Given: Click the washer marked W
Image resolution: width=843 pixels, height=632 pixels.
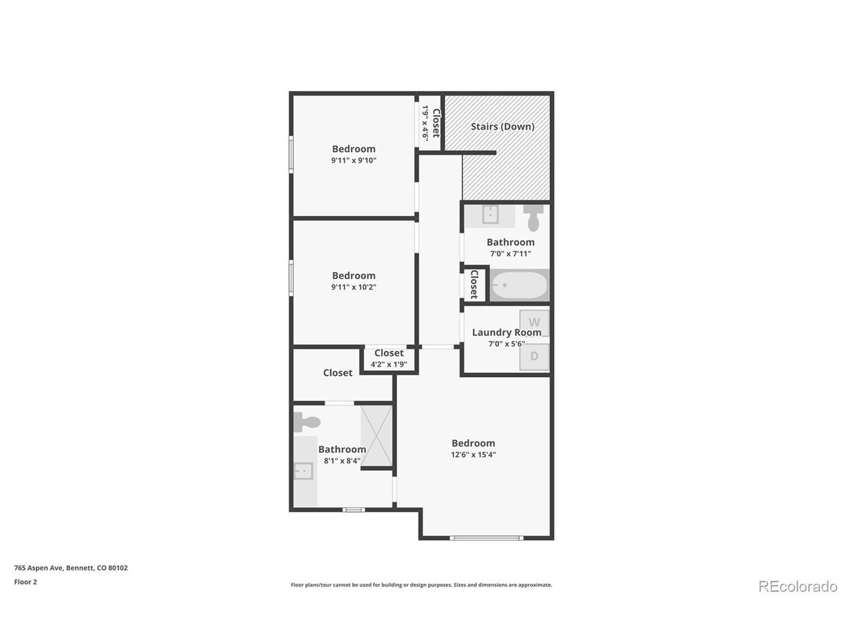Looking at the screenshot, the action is pos(534,323).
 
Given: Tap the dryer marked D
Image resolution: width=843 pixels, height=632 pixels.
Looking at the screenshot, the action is pos(534,356).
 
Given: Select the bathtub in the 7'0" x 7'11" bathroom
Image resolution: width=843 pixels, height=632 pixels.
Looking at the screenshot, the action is pos(519,285).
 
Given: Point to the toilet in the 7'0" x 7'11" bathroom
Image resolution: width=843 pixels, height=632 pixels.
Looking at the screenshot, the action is pos(533,218).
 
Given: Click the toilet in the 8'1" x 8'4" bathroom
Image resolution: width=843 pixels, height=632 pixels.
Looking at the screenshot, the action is pos(307,422).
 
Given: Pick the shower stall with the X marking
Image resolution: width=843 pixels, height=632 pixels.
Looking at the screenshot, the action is pos(376,436).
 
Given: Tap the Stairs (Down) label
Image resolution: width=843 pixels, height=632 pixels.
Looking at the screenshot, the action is pos(503,126).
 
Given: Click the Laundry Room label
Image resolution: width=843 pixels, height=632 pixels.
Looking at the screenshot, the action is pos(506,332).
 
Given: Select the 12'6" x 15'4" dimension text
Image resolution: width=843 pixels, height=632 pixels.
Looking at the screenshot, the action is pos(473,455).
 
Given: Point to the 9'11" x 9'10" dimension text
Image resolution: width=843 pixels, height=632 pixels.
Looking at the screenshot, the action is pos(354,161).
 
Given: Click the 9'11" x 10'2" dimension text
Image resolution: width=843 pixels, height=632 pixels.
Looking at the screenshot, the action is pos(354,287).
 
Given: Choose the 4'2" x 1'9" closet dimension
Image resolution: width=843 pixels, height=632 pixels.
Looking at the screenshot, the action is pos(389,364).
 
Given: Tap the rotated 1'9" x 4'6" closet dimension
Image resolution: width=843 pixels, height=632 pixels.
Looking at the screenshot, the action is pos(425,122).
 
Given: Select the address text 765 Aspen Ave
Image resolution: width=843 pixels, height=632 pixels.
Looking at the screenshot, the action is pos(38,568).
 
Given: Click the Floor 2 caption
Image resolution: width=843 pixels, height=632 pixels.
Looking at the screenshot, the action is pos(25,582).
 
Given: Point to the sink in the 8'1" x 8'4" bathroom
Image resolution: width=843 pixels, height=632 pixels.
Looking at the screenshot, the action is pos(304,471).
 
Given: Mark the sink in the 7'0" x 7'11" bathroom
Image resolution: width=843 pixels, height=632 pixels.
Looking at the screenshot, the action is pos(491,214).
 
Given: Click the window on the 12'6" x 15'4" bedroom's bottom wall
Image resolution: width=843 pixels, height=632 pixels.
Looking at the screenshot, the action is pos(486,538).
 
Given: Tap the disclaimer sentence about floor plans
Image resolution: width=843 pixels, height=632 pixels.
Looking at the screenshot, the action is pos(421,585).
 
